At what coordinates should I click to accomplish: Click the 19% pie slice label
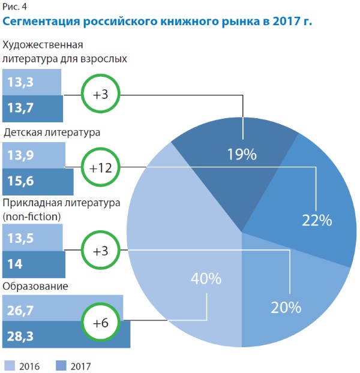[242, 155]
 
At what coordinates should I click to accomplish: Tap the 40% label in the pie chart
[206, 279]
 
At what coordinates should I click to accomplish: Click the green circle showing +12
[101, 168]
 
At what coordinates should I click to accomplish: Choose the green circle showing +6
[101, 322]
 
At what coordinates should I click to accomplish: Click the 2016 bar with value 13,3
[32, 82]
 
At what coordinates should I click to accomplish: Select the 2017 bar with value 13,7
[32, 108]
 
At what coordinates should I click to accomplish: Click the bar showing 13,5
[32, 238]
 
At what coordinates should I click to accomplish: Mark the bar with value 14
[34, 263]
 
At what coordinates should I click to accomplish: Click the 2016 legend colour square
[10, 365]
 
